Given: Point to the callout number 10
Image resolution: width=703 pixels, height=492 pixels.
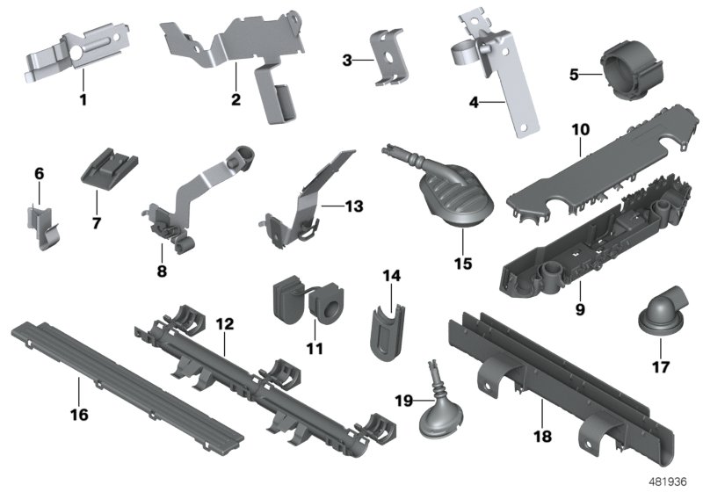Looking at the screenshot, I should click(581, 130).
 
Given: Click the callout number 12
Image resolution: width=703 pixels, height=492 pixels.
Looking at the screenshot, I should click(225, 324).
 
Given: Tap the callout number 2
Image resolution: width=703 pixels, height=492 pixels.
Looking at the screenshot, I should click(236, 99).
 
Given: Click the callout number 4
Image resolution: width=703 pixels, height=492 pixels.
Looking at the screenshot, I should click(474, 102).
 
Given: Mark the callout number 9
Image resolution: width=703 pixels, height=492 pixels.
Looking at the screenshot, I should click(580, 309).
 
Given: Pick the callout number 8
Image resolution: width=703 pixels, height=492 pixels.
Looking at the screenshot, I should click(162, 272).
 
